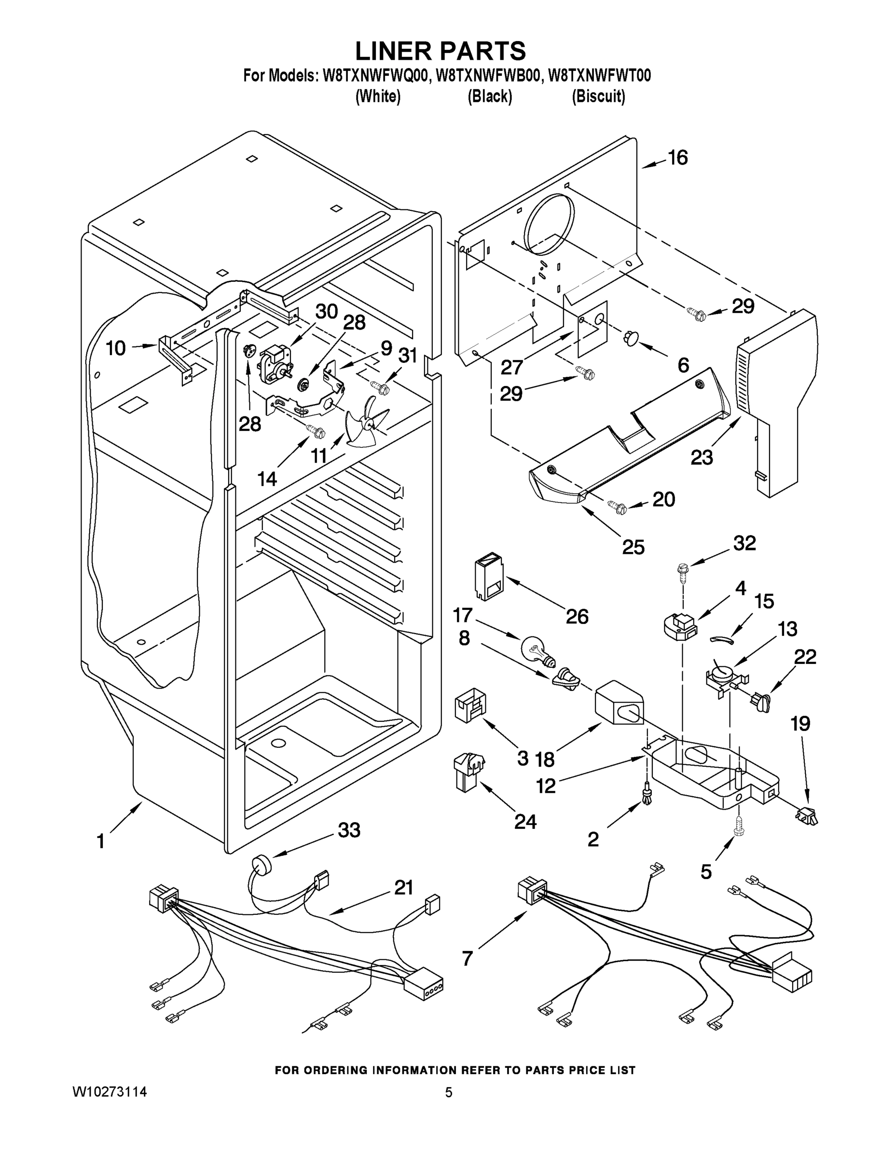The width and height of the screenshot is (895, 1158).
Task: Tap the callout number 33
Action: pos(349,830)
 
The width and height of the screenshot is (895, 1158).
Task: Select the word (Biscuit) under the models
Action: pos(598,96)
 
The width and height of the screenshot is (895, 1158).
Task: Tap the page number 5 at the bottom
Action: pos(448,1093)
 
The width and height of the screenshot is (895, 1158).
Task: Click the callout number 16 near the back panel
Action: pos(677,157)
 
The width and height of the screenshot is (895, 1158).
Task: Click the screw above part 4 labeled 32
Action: pos(682,572)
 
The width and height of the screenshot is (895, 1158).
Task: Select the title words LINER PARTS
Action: pos(440,51)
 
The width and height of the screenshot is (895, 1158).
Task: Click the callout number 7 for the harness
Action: pos(467,958)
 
